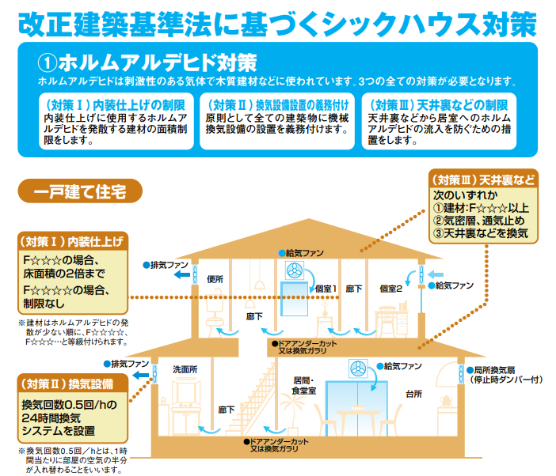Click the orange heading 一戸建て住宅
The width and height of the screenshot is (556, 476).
tap(78, 191)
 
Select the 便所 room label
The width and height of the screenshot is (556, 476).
tap(215, 279)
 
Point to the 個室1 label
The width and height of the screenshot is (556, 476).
tap(324, 289)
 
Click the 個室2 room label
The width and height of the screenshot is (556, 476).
tap(390, 289)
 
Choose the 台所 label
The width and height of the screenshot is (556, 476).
tap(413, 392)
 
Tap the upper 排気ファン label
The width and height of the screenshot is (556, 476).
tap(168, 263)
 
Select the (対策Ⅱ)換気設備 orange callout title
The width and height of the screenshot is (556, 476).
tap(70, 384)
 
